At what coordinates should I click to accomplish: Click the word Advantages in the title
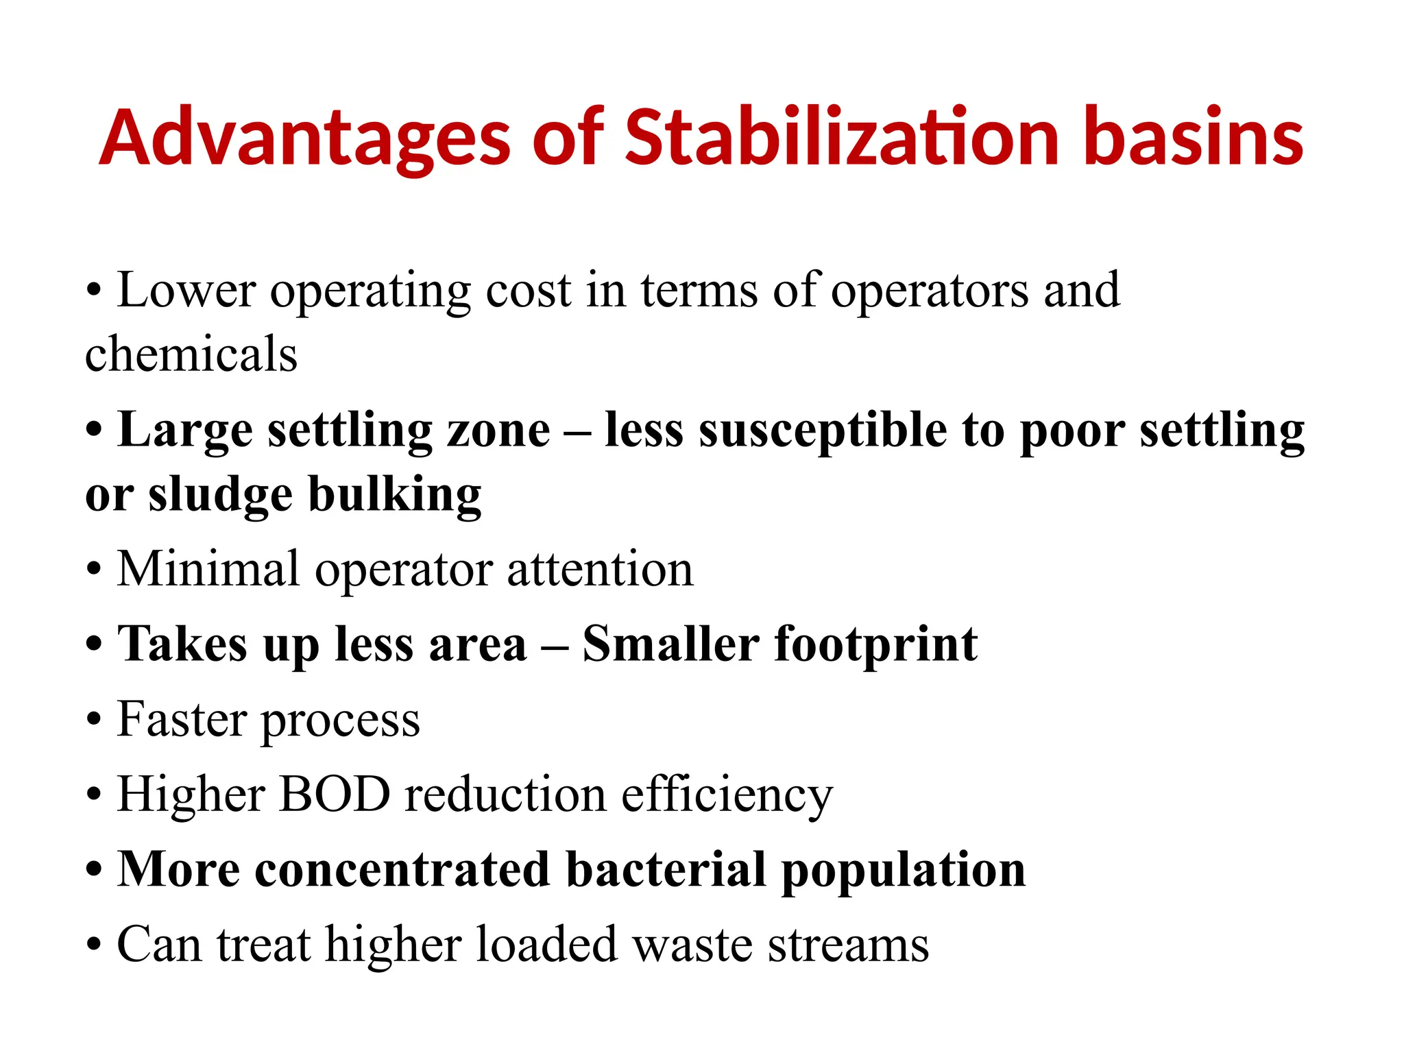point(304,138)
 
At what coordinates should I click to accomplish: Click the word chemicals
point(191,354)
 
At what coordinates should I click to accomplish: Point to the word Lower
point(186,290)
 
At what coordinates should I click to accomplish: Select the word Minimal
point(209,569)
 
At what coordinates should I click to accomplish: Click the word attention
point(600,570)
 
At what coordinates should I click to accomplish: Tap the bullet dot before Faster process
point(95,721)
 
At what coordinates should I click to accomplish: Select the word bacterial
point(666,870)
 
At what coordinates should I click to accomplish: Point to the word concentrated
point(402,870)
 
